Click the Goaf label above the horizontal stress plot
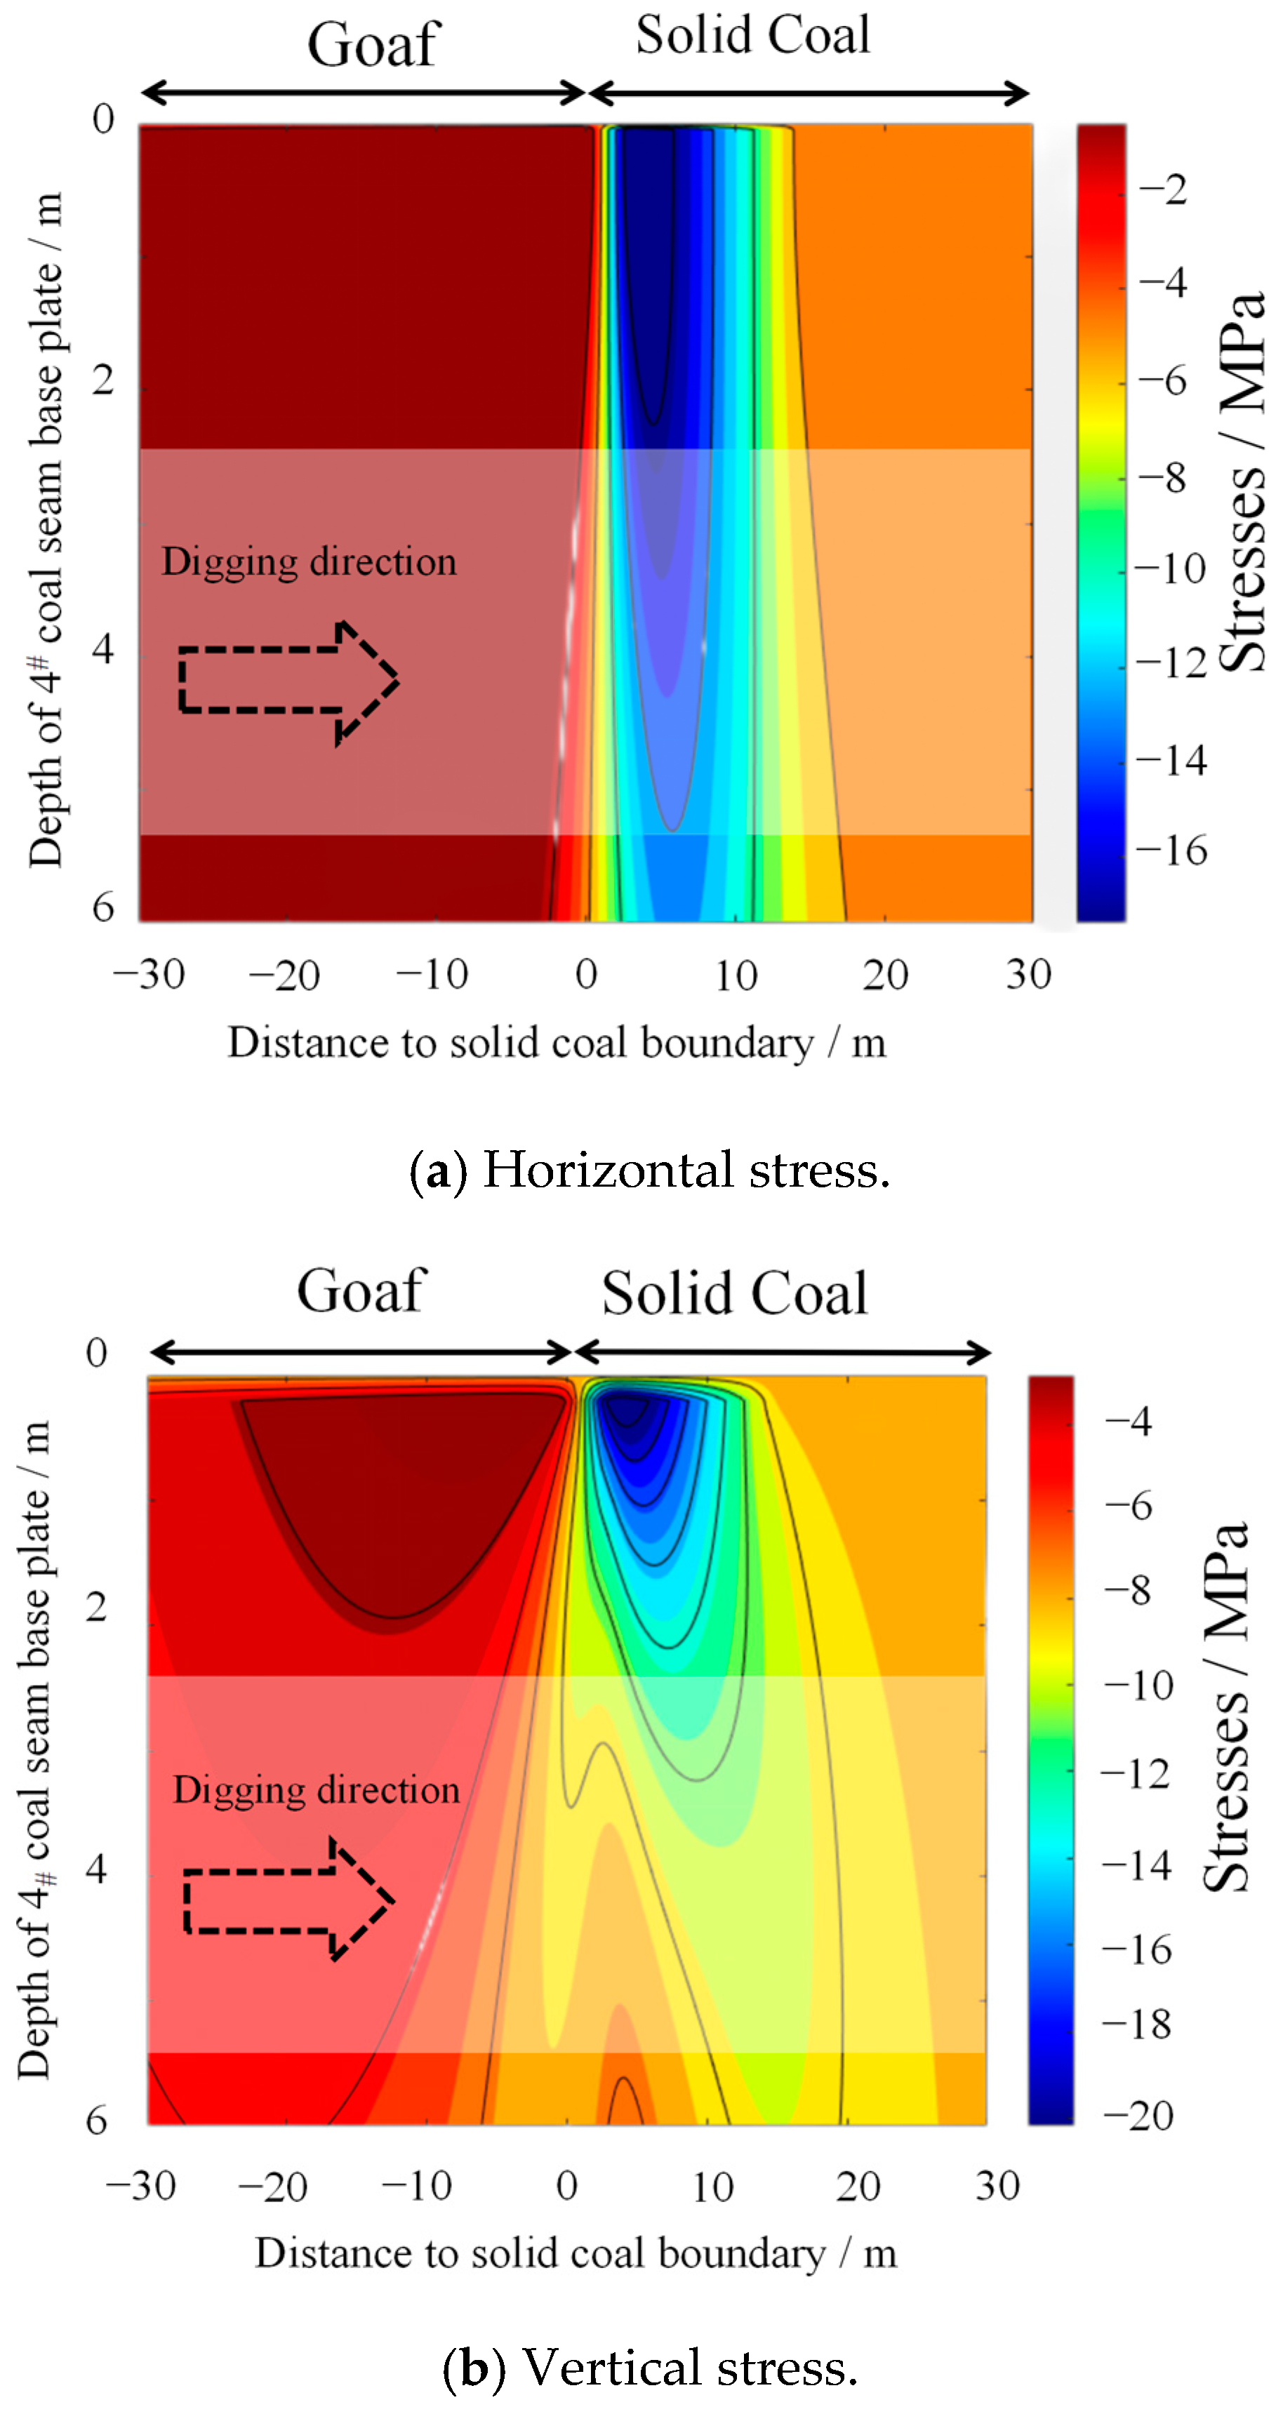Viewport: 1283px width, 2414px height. coord(373,45)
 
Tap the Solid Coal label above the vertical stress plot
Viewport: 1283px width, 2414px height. coord(734,1294)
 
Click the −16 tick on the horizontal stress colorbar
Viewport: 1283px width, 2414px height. coord(1171,850)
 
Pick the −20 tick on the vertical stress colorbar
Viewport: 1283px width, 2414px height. coord(1138,2116)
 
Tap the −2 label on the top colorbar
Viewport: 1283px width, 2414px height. coord(1162,190)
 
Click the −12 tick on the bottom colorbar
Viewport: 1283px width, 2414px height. coord(1135,1774)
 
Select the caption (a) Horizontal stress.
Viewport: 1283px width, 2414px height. coord(649,1171)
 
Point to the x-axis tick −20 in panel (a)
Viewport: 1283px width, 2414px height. coord(284,975)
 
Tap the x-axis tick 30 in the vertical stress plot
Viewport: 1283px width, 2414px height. coord(997,2185)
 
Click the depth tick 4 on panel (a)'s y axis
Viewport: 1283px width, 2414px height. coord(103,648)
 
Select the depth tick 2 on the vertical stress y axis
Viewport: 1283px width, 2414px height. coord(97,1607)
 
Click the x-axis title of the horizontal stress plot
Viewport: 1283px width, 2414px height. coord(556,1043)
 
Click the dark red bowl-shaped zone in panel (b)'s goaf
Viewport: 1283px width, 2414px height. coord(398,1490)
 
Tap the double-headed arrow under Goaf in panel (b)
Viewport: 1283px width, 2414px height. coord(361,1352)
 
